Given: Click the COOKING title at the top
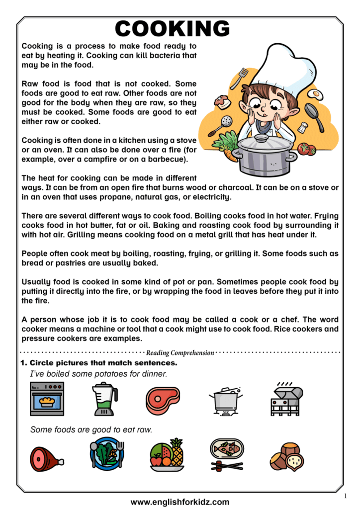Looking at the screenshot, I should tap(173, 28).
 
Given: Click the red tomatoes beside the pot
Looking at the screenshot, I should tap(306, 149).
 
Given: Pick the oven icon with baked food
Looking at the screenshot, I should tap(47, 398).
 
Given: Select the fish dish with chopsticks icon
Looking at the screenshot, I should tap(227, 454).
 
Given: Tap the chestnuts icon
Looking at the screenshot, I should tap(286, 456).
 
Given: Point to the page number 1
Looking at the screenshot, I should tap(345, 496).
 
